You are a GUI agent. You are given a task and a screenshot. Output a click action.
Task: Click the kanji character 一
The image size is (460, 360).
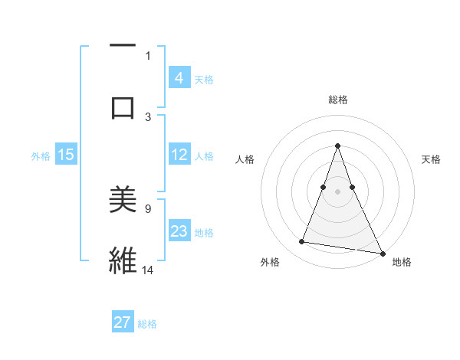[x=123, y=47]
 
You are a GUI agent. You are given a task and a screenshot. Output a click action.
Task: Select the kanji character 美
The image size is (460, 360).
[x=123, y=200]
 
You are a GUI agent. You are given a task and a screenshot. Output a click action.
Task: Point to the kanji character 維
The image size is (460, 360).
[x=123, y=260]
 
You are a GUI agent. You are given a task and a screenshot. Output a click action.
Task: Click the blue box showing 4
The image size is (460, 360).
[x=179, y=77]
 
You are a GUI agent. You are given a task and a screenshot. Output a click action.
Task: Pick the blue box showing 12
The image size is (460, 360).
[x=179, y=155]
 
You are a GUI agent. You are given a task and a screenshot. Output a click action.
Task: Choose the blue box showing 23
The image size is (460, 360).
[x=179, y=231]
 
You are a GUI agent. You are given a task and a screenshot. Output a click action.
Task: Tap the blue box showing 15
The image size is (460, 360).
[x=66, y=155]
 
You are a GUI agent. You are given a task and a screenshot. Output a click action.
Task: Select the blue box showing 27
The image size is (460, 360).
[x=123, y=322]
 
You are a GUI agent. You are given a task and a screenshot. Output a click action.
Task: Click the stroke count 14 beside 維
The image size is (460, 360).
[x=148, y=270]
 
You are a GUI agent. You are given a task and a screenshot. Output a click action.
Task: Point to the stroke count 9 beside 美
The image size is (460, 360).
[x=148, y=208]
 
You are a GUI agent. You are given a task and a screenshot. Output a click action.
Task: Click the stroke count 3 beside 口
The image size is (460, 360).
[x=148, y=116]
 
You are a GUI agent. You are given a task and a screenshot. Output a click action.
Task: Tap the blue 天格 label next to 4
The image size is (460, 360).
[x=204, y=79]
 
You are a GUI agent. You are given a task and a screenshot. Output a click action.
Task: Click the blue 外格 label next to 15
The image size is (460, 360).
[x=41, y=156]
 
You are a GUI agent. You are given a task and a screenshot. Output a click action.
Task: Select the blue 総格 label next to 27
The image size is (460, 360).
[x=147, y=324]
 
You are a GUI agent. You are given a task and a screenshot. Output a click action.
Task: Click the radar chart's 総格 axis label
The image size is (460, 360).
[x=337, y=100]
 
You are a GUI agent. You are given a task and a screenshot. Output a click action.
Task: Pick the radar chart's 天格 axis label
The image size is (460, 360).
[x=432, y=159]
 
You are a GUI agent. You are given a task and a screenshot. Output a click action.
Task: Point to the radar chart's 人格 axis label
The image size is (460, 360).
[x=245, y=159]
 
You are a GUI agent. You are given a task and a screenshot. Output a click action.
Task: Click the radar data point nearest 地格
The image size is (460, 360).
[x=382, y=252]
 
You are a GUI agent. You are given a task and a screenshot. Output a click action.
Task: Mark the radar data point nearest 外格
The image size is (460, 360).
[x=302, y=242]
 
